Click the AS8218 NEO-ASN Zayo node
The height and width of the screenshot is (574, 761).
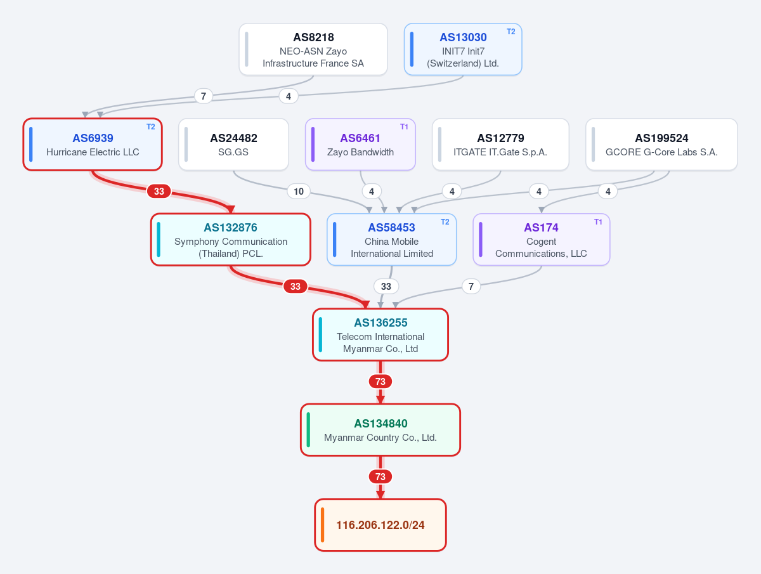[313, 49]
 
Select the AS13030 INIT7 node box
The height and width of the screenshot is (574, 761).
[463, 49]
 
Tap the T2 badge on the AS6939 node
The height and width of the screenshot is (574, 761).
[150, 127]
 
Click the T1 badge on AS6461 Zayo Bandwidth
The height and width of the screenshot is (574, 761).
[404, 127]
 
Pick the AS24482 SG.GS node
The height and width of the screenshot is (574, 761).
[233, 145]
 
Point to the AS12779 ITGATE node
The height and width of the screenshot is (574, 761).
[500, 145]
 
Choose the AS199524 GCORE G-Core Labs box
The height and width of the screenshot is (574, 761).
[661, 145]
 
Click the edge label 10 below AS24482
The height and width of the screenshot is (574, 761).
[299, 192]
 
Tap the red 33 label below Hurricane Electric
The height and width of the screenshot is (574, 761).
[159, 192]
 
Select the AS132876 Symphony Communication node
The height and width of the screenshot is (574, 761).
[231, 240]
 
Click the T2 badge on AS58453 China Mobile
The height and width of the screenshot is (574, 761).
[445, 222]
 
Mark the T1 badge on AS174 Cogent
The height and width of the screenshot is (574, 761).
[598, 222]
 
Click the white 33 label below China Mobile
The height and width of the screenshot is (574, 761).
[386, 286]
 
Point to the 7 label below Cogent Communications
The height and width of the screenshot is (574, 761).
[471, 286]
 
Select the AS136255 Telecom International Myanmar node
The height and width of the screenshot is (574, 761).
[380, 335]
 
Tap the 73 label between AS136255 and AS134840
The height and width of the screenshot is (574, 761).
[380, 382]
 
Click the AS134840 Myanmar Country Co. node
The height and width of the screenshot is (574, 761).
[380, 430]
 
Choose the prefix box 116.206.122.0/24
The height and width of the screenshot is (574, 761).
[380, 525]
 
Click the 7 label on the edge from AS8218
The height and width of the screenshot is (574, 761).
[204, 96]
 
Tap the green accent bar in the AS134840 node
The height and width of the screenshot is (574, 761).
[308, 430]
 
